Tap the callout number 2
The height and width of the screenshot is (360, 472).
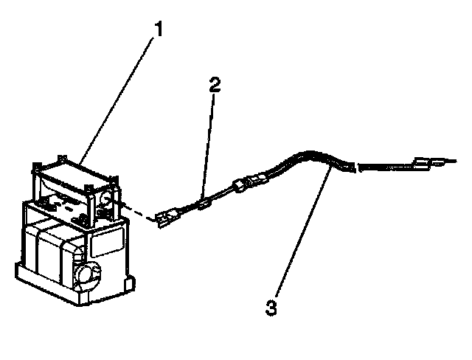coord(214,86)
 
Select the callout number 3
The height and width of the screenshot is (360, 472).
coord(272,308)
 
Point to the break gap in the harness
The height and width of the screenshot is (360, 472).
coord(358,169)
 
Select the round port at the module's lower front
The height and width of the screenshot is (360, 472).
coord(86,274)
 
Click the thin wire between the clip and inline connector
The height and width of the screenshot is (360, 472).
coord(221,194)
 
